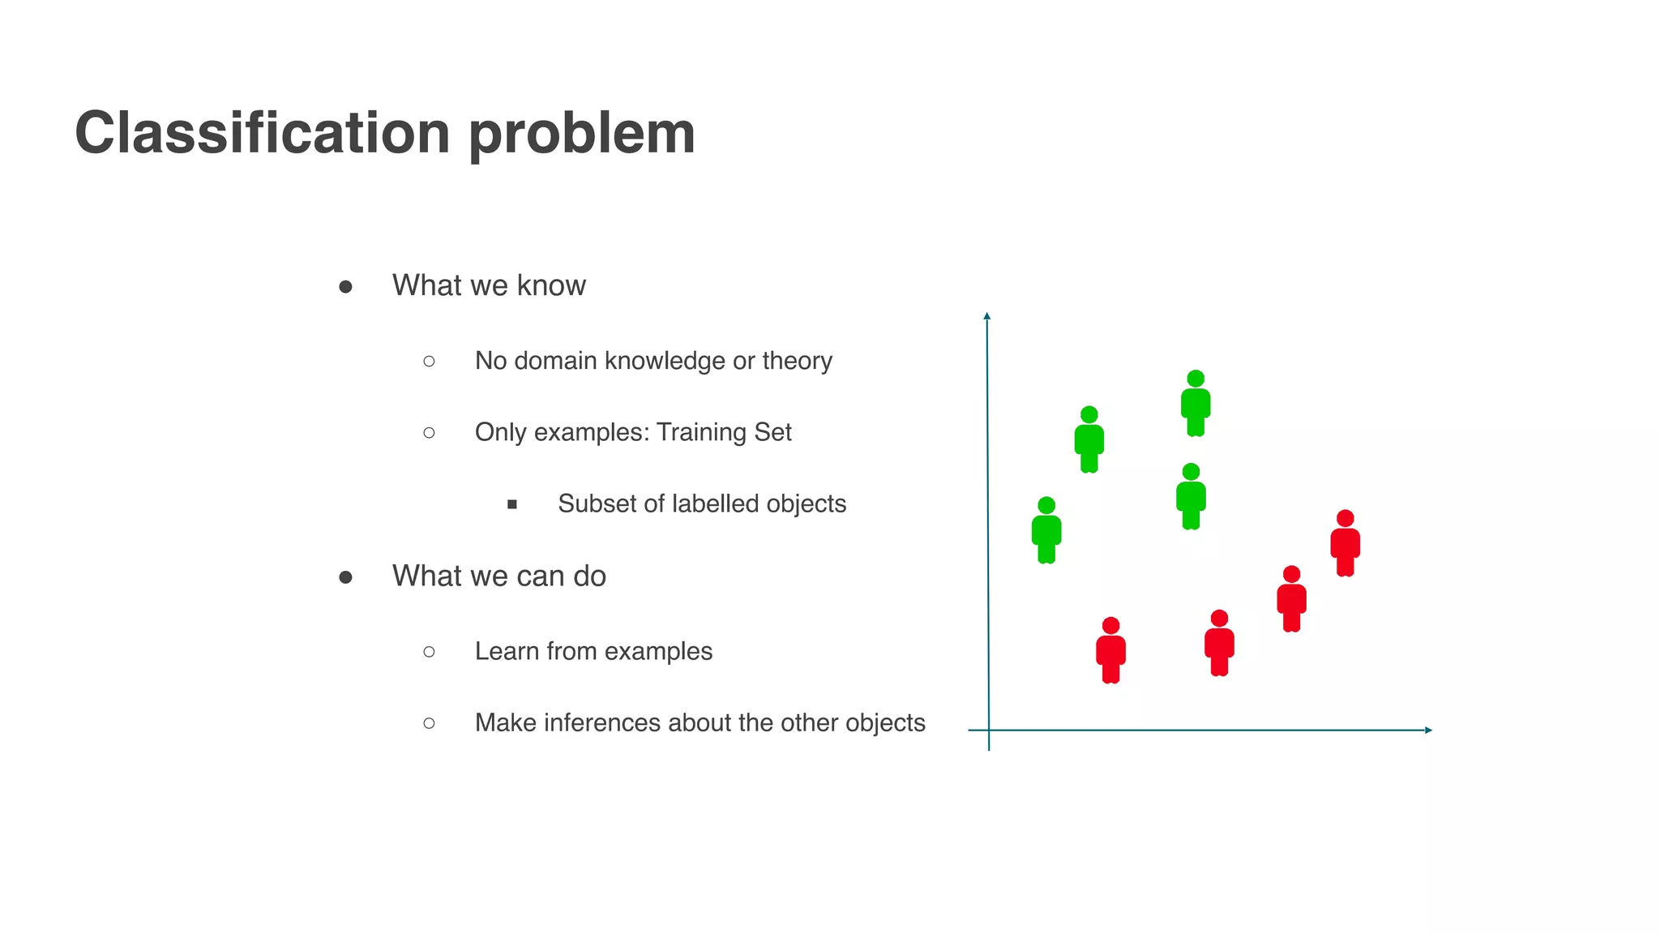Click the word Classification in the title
coord(262,133)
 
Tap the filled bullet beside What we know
coord(345,287)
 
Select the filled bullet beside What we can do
coord(345,577)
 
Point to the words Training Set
coord(723,432)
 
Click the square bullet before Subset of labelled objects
coord(512,504)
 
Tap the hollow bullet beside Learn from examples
coord(429,652)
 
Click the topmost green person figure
coord(1196,404)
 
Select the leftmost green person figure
coord(1046,531)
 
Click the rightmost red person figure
coord(1345,544)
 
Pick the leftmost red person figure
coord(1110,651)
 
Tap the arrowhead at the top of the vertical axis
coord(987,315)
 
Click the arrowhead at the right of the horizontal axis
coord(1428,730)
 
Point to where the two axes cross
coord(989,730)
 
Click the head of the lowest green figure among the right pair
coord(1191,472)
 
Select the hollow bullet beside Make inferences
coord(429,723)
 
